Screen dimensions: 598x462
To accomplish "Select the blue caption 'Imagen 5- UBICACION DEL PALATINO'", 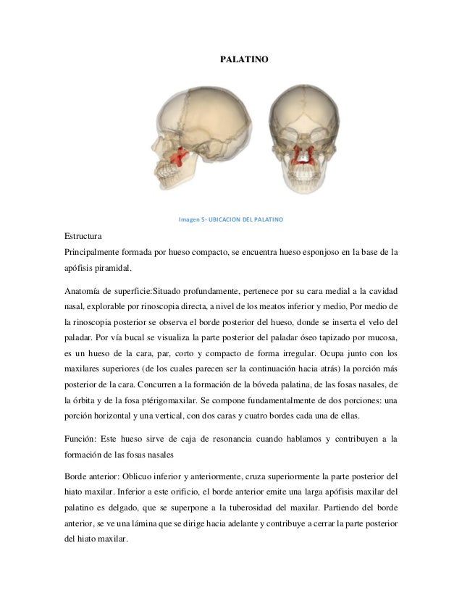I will click(230, 219).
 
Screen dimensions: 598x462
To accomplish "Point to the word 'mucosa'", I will click(381, 337).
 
